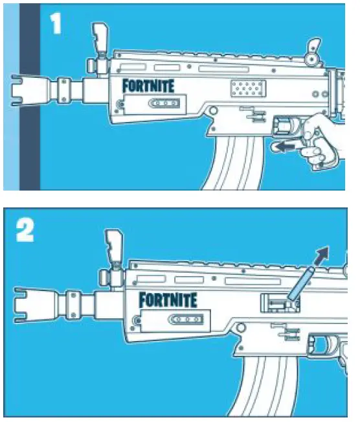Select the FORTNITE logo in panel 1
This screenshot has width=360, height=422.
tap(148, 85)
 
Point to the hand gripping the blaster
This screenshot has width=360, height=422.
tap(324, 139)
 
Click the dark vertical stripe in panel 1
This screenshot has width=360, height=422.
tap(30, 97)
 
